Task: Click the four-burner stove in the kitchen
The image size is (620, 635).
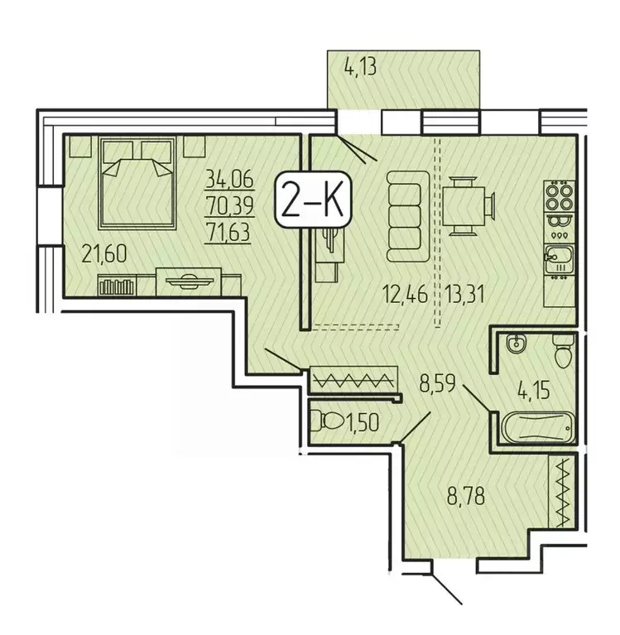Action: click(557, 197)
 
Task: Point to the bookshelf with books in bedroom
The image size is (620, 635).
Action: click(116, 286)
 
